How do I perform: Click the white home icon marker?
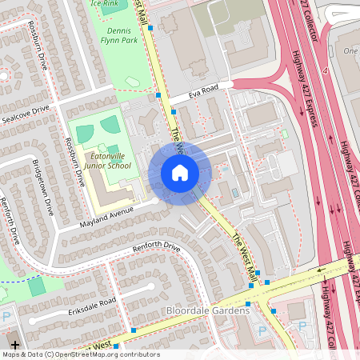[x=180, y=173]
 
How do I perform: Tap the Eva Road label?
[x=204, y=94]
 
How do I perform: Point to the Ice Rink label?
[x=106, y=3]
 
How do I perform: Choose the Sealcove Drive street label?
[x=25, y=113]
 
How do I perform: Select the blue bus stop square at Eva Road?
[x=160, y=95]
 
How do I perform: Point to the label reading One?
[x=350, y=51]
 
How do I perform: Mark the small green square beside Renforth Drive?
[x=37, y=286]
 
